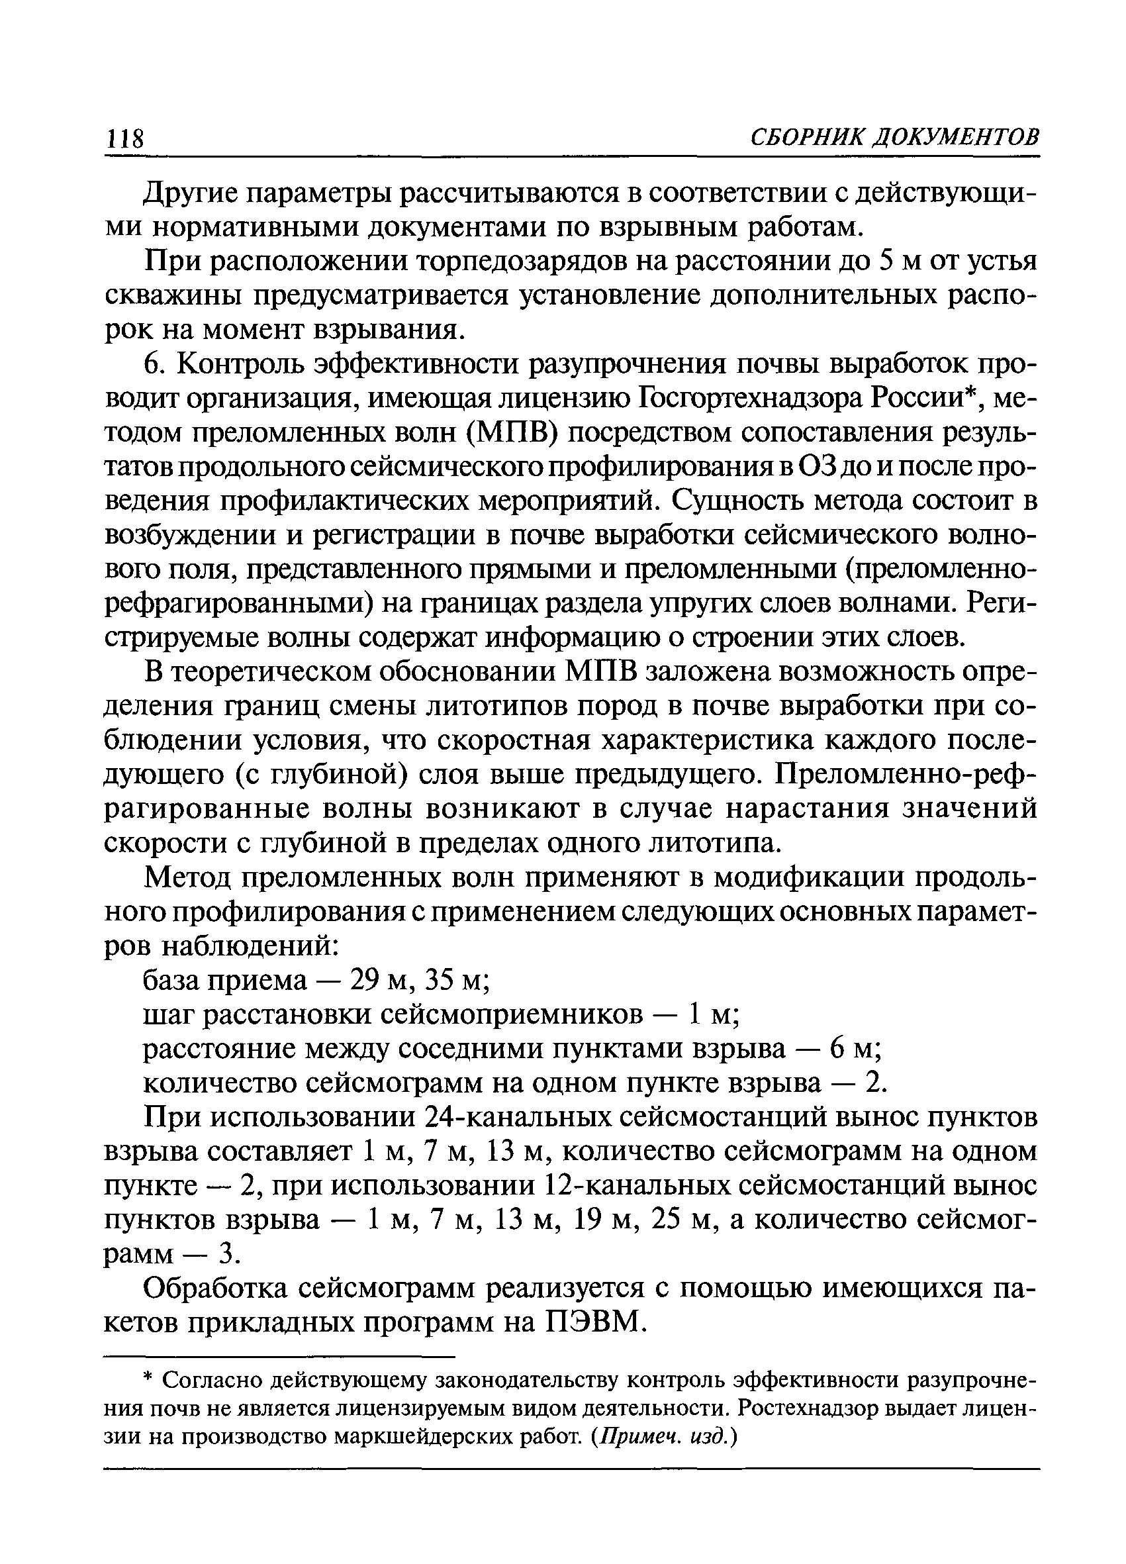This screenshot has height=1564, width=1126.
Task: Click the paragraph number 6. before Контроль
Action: click(x=153, y=364)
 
